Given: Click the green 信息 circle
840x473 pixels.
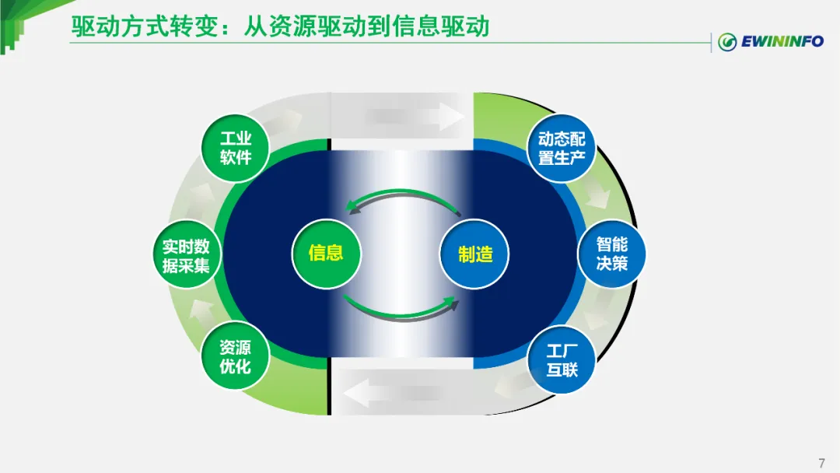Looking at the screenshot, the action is tap(326, 253).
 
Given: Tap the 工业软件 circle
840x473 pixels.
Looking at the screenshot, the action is tap(235, 148).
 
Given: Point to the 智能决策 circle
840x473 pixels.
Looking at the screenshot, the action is tap(612, 254).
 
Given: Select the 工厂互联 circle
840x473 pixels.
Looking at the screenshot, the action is tap(562, 359).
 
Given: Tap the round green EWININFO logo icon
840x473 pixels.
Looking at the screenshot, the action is tap(727, 42).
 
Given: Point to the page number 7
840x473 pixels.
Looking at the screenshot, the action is tap(821, 464).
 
